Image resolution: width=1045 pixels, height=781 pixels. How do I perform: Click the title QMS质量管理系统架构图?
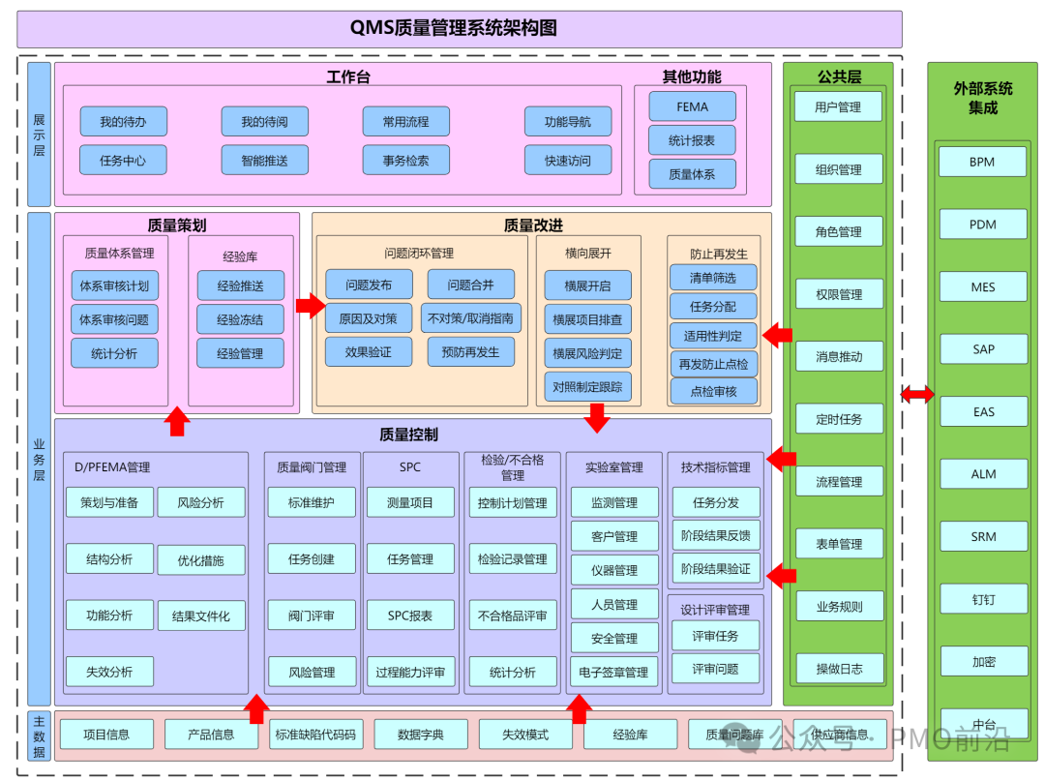pyautogui.click(x=459, y=29)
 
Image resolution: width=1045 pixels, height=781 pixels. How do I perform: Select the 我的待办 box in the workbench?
pyautogui.click(x=123, y=122)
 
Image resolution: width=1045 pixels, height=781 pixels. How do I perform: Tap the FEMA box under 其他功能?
pyautogui.click(x=692, y=107)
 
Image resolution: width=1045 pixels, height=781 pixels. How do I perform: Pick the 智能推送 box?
pyautogui.click(x=264, y=161)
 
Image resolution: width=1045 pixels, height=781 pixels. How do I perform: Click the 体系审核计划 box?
pyautogui.click(x=114, y=286)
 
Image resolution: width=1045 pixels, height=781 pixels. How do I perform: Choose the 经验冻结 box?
pyautogui.click(x=240, y=319)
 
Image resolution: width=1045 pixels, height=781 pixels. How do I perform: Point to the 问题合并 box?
pyautogui.click(x=470, y=285)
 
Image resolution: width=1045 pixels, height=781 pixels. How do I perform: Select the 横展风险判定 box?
pyautogui.click(x=587, y=353)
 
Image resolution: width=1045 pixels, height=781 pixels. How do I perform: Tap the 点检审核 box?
pyautogui.click(x=713, y=391)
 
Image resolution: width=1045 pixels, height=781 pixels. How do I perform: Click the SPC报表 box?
pyautogui.click(x=410, y=616)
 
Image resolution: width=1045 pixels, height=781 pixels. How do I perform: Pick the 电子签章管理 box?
pyautogui.click(x=613, y=672)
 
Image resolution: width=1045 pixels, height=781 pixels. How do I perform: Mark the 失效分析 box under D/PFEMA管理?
pyautogui.click(x=109, y=672)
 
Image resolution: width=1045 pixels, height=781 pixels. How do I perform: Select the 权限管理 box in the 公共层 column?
pyautogui.click(x=838, y=294)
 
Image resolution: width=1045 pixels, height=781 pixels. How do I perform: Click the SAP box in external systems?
pyautogui.click(x=983, y=349)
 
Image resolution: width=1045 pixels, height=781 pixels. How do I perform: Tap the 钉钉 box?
pyautogui.click(x=983, y=599)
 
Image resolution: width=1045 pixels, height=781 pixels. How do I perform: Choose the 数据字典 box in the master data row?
pyautogui.click(x=421, y=735)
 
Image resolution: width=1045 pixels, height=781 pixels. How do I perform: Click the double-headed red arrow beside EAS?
pyautogui.click(x=917, y=394)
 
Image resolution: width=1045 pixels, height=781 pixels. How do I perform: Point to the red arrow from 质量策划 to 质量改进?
pyautogui.click(x=311, y=306)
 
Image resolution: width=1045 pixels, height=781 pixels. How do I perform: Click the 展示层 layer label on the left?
pyautogui.click(x=40, y=135)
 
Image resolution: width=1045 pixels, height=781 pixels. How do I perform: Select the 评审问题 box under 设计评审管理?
pyautogui.click(x=715, y=669)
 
